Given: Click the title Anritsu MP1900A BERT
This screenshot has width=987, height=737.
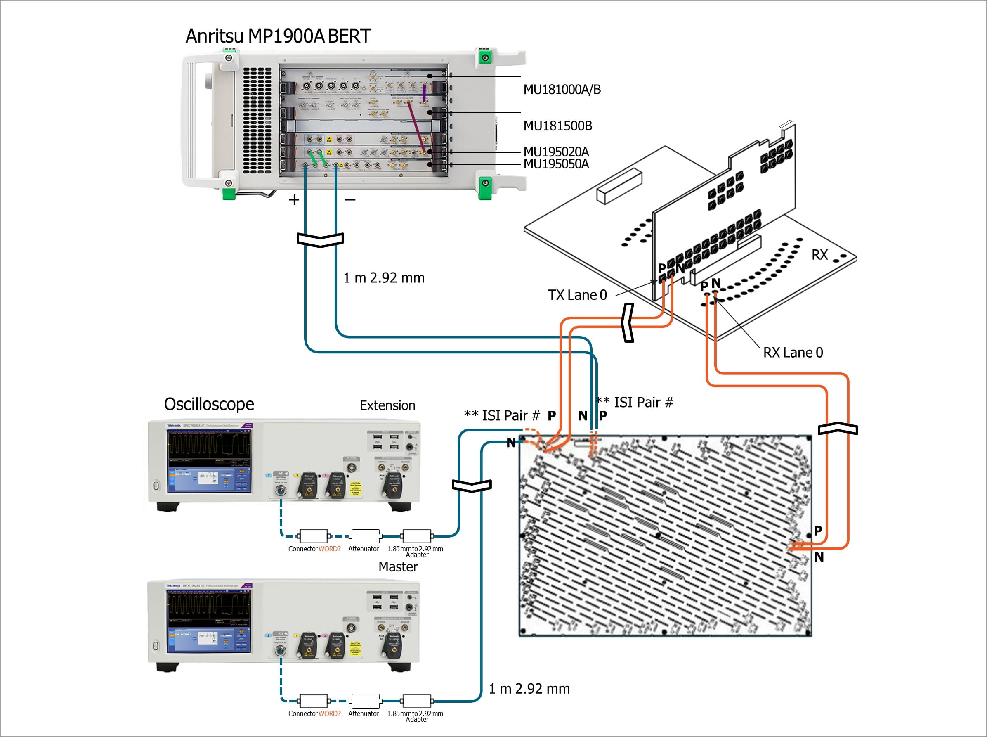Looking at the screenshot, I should click(x=278, y=36).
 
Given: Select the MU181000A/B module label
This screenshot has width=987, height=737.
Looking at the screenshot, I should click(x=562, y=90).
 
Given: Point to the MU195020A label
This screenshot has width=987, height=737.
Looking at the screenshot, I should click(x=556, y=152).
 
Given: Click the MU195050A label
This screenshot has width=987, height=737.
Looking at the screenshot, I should click(x=556, y=164).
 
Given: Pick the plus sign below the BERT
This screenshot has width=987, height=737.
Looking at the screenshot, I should click(x=294, y=200).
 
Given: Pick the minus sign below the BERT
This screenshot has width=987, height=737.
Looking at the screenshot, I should click(x=350, y=200).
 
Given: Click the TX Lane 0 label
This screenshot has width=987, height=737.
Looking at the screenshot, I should click(x=577, y=295).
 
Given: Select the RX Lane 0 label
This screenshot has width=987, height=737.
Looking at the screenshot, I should click(x=793, y=353).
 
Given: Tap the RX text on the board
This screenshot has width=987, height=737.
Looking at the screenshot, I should click(x=819, y=255).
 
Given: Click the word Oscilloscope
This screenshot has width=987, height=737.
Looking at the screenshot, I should click(x=209, y=404).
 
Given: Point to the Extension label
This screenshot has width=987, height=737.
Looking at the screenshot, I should click(x=387, y=405).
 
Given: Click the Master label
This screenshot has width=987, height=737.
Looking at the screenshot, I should click(x=398, y=566).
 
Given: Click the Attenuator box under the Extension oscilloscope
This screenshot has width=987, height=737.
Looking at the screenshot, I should click(x=366, y=536).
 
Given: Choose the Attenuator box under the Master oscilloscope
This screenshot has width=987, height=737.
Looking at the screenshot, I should click(x=366, y=701).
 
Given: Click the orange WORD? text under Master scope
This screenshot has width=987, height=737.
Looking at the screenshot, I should click(x=329, y=714).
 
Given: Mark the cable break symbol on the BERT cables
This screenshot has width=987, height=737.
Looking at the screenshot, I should click(x=320, y=239).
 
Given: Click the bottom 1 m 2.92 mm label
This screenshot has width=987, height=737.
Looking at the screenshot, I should click(x=529, y=689).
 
